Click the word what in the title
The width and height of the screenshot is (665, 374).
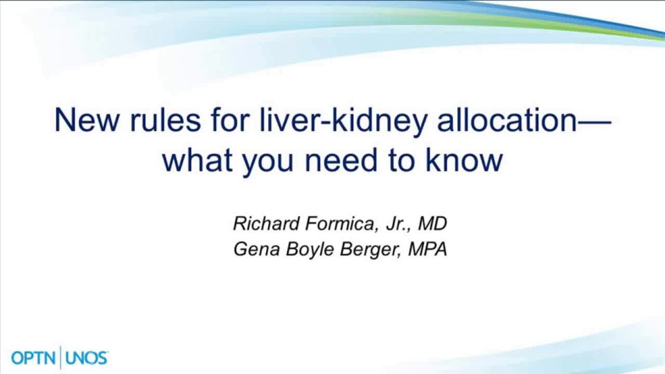(x=198, y=160)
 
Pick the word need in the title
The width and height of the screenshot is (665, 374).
(x=341, y=160)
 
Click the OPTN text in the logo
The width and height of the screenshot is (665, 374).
(x=34, y=358)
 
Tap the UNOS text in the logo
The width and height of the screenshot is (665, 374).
(x=86, y=358)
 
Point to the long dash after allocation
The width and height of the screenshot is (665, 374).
(x=595, y=121)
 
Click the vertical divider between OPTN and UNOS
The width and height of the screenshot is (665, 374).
(x=61, y=357)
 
